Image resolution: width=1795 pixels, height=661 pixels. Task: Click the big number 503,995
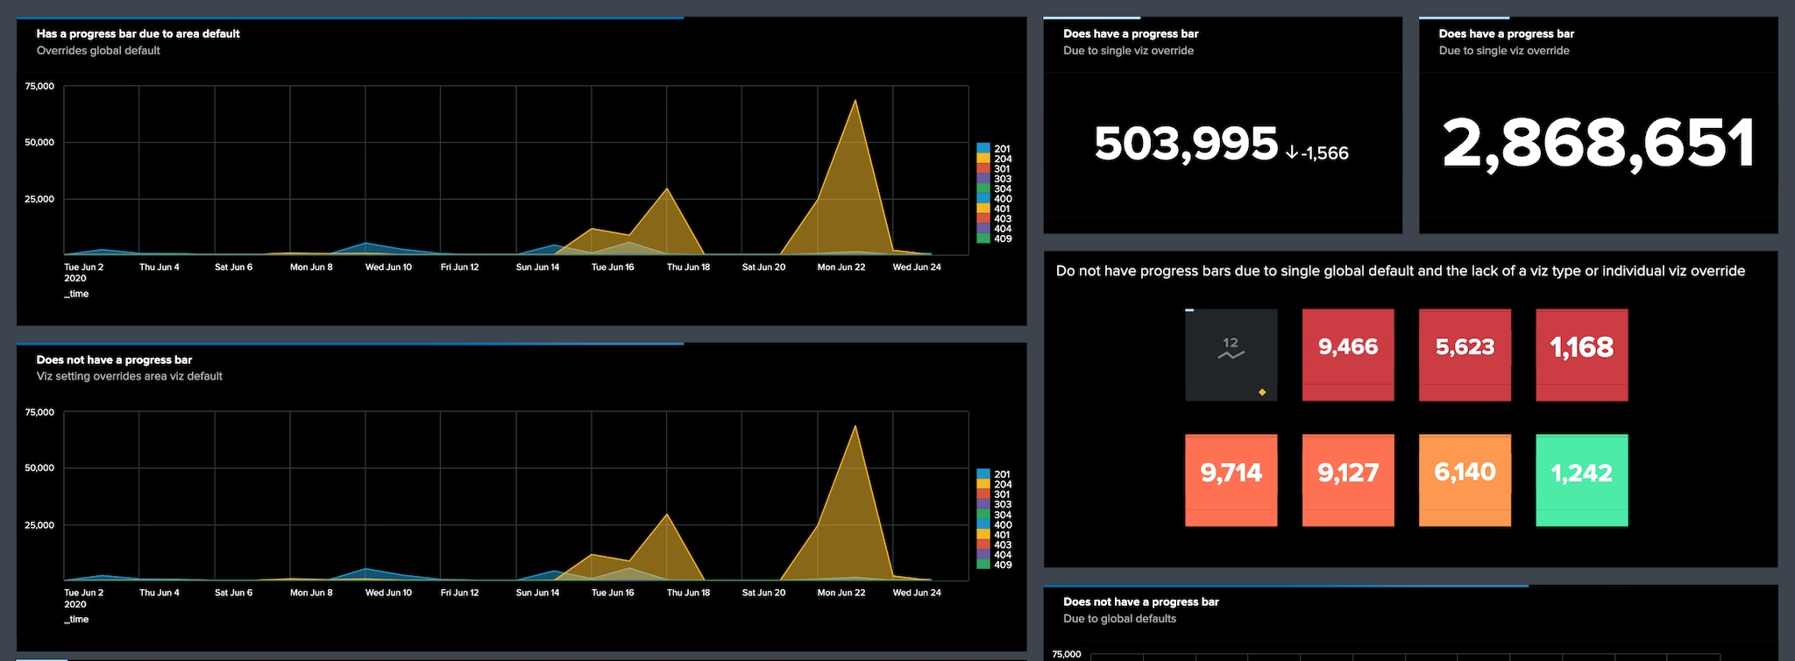[x=1186, y=144]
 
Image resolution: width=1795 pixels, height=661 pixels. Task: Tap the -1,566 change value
[x=1324, y=153]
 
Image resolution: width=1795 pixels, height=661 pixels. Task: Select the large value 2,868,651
[x=1598, y=144]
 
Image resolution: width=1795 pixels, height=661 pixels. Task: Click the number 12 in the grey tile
[x=1231, y=343]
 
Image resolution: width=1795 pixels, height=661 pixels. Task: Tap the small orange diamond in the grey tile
[x=1262, y=392]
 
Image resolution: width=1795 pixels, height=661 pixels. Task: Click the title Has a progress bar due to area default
[x=138, y=34]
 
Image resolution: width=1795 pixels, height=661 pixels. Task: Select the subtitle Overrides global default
[x=98, y=51]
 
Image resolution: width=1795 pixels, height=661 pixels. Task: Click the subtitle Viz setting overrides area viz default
[x=130, y=376]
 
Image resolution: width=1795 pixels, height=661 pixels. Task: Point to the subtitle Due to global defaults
[x=1119, y=619]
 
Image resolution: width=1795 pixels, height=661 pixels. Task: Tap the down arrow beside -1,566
[x=1292, y=153]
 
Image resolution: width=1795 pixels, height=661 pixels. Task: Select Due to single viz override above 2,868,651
[x=1504, y=51]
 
